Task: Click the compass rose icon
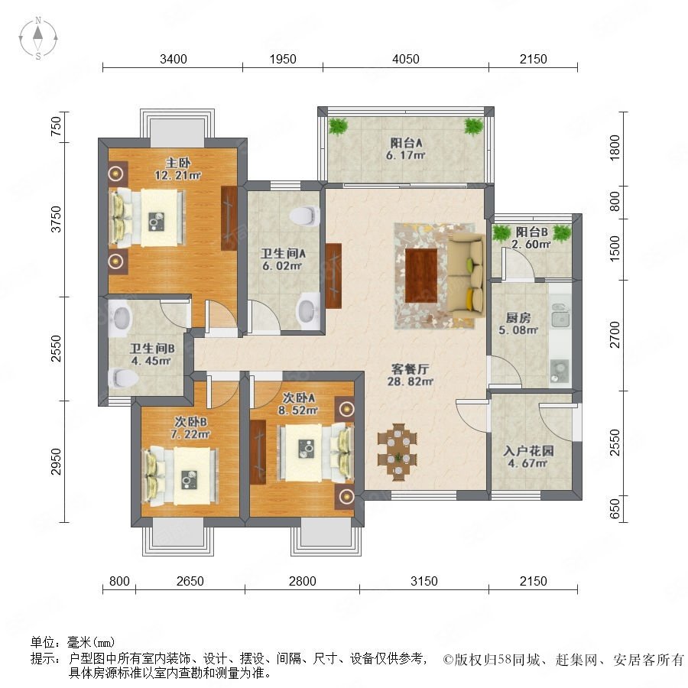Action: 38,38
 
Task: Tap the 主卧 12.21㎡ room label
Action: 177,170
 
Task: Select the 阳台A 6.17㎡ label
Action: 406,149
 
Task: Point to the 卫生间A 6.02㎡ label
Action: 283,259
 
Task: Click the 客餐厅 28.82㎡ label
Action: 410,375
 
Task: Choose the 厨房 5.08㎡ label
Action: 518,323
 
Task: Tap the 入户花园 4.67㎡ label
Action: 527,457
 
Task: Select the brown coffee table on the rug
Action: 421,275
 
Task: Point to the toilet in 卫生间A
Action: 304,216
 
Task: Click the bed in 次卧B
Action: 180,475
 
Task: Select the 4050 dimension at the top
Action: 406,59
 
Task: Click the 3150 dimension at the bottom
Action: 424,581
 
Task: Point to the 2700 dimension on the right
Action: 615,335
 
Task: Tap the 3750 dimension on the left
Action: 56,219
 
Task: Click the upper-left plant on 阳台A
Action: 338,126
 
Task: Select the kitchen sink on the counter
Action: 560,315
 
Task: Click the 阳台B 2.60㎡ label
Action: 531,238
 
